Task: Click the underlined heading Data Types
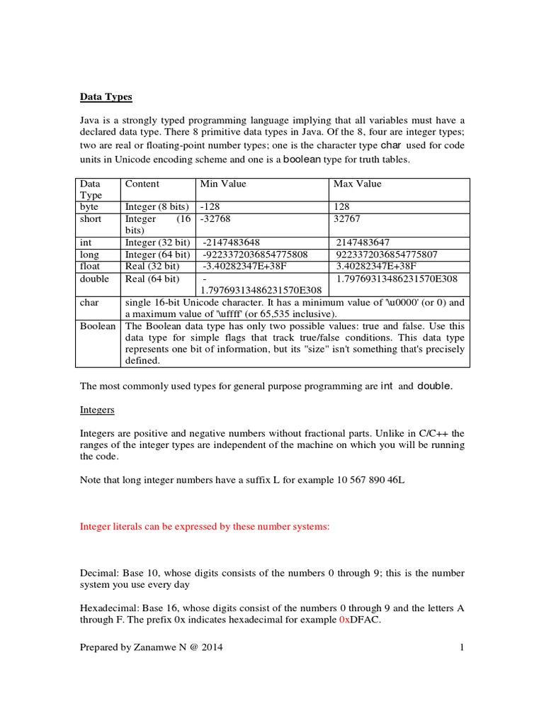point(106,96)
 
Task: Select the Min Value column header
point(223,184)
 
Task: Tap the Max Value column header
point(357,184)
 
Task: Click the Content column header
point(142,184)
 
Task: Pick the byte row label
point(89,207)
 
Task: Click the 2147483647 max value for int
point(363,242)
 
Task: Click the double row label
point(94,279)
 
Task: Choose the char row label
point(89,302)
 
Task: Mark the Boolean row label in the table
point(98,326)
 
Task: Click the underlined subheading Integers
point(96,410)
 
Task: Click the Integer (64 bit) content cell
point(157,255)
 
